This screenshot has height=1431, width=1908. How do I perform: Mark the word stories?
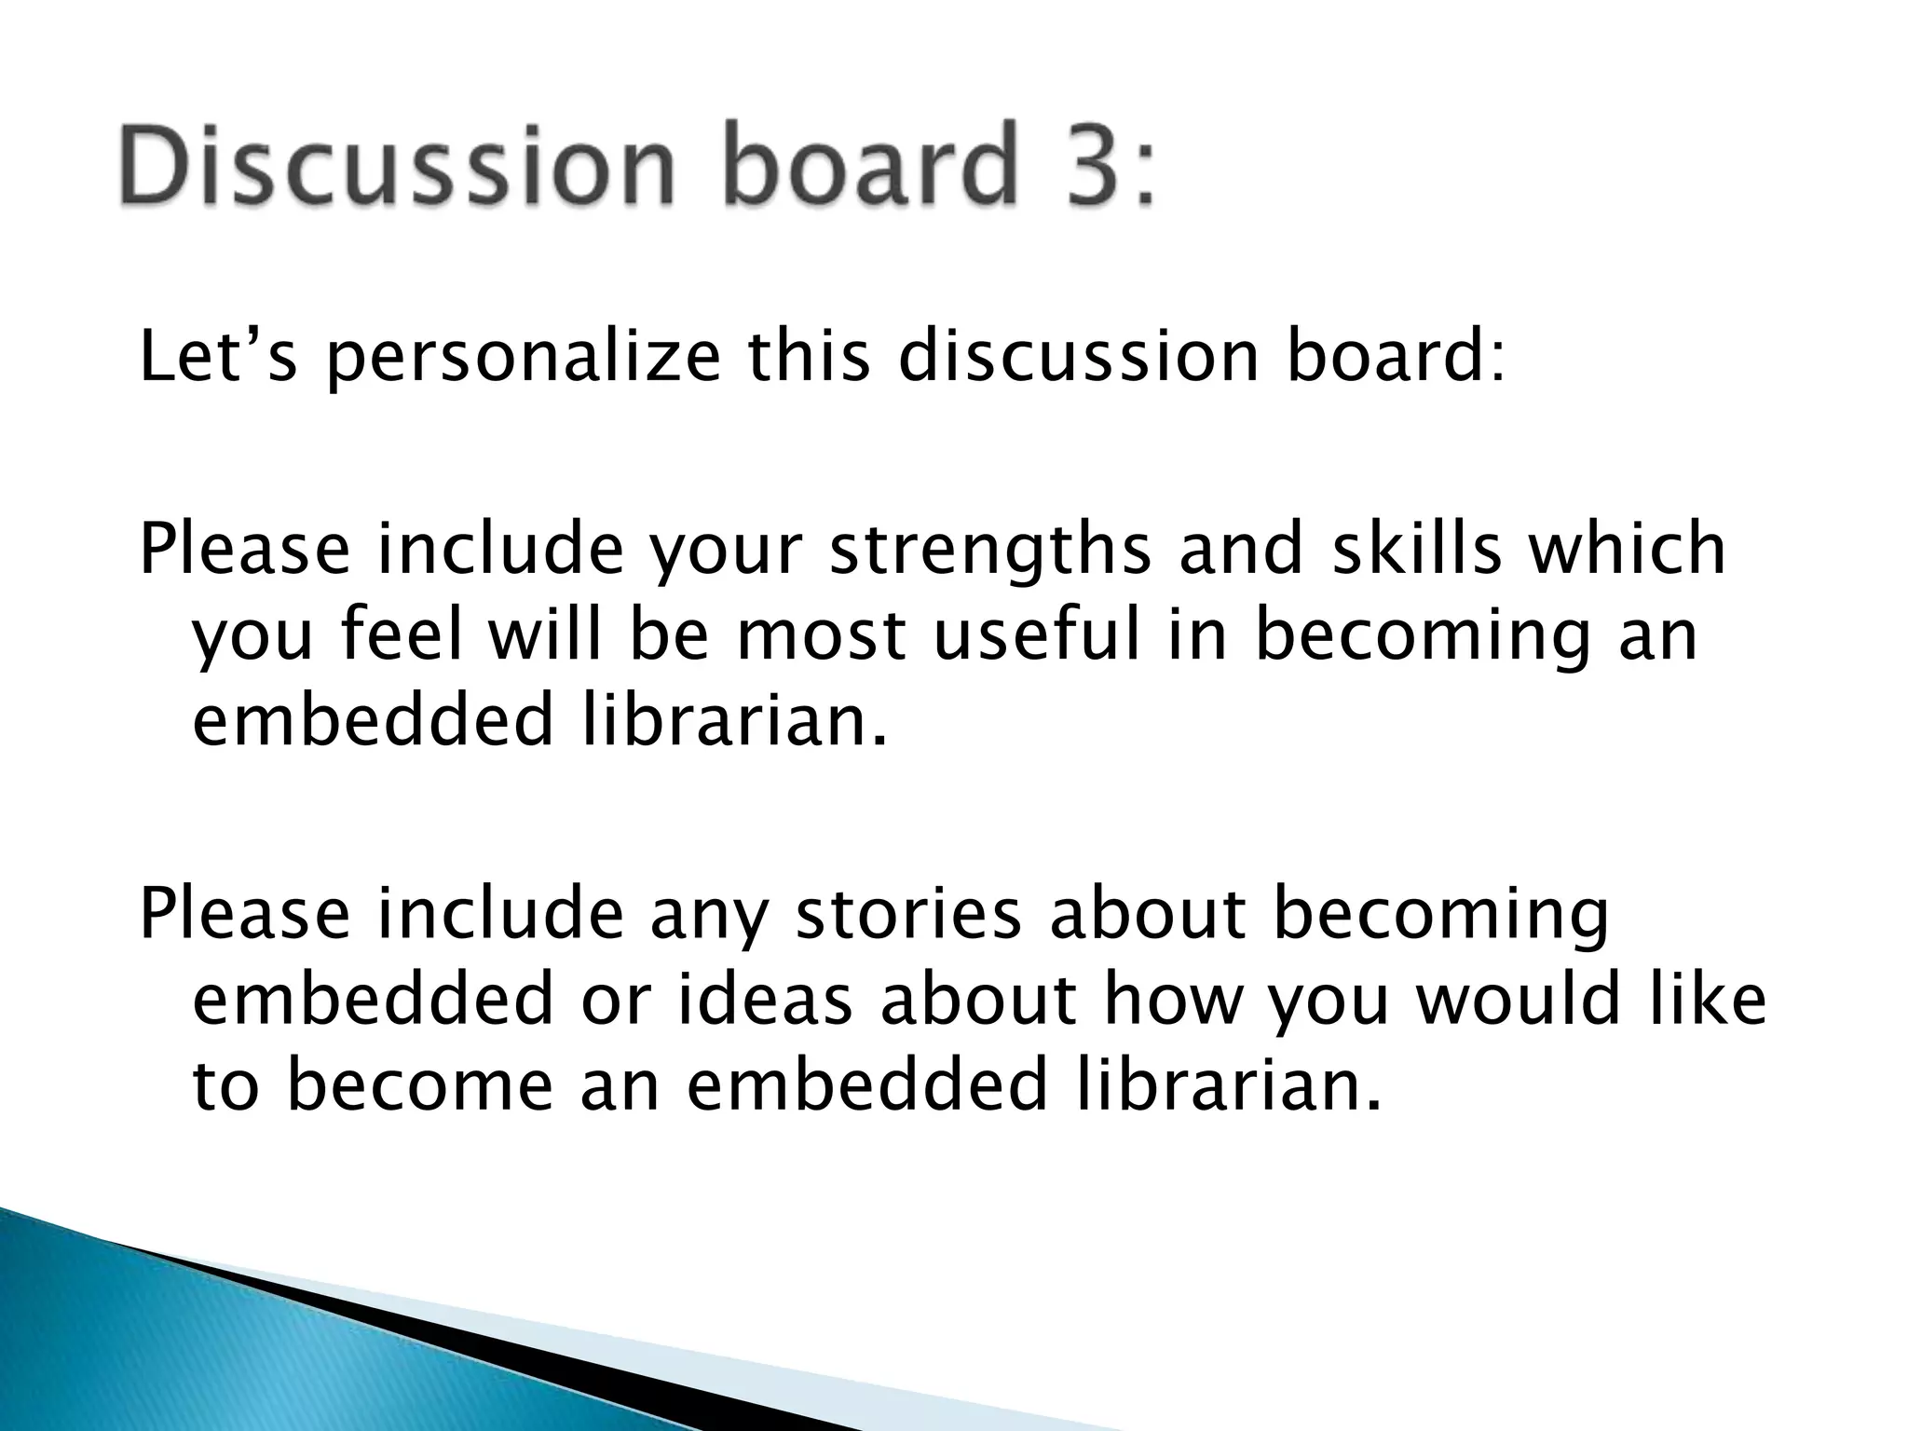(909, 914)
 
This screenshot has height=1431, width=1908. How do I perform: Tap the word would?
(1517, 1000)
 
